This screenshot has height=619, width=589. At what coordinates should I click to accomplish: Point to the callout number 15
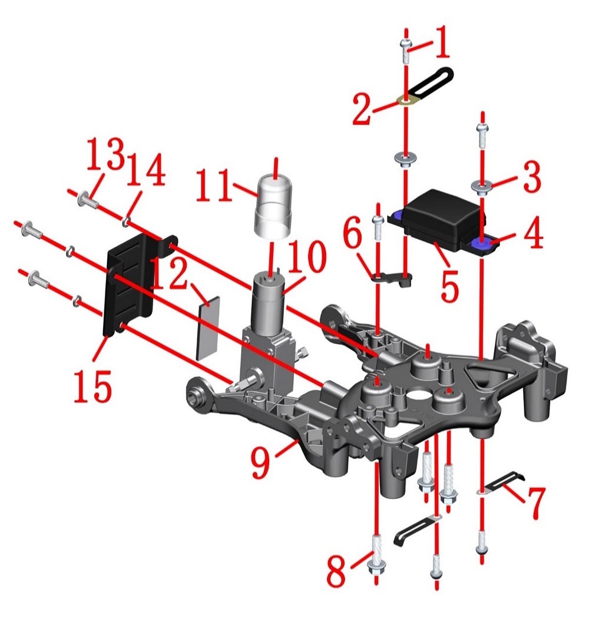coord(93,385)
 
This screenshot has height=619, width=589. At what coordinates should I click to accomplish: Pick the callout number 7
coord(534,502)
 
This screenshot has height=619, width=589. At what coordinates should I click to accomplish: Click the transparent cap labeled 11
coord(274,208)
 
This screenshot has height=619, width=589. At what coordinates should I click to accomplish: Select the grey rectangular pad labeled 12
coord(207,329)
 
